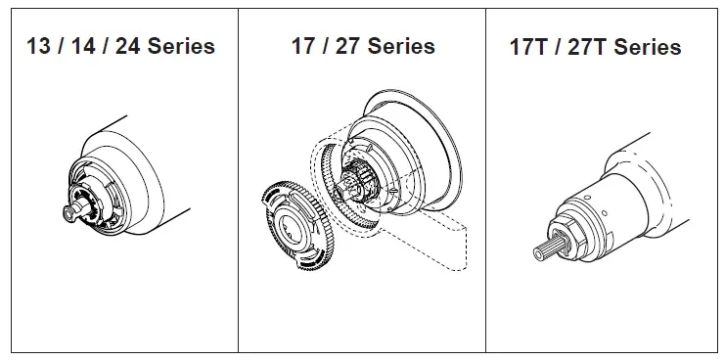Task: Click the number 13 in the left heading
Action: coord(38,46)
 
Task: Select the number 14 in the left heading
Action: coord(82,46)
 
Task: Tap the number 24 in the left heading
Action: coord(128,46)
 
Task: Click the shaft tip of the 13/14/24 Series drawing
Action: coord(69,209)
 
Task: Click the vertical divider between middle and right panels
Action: coord(486,196)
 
